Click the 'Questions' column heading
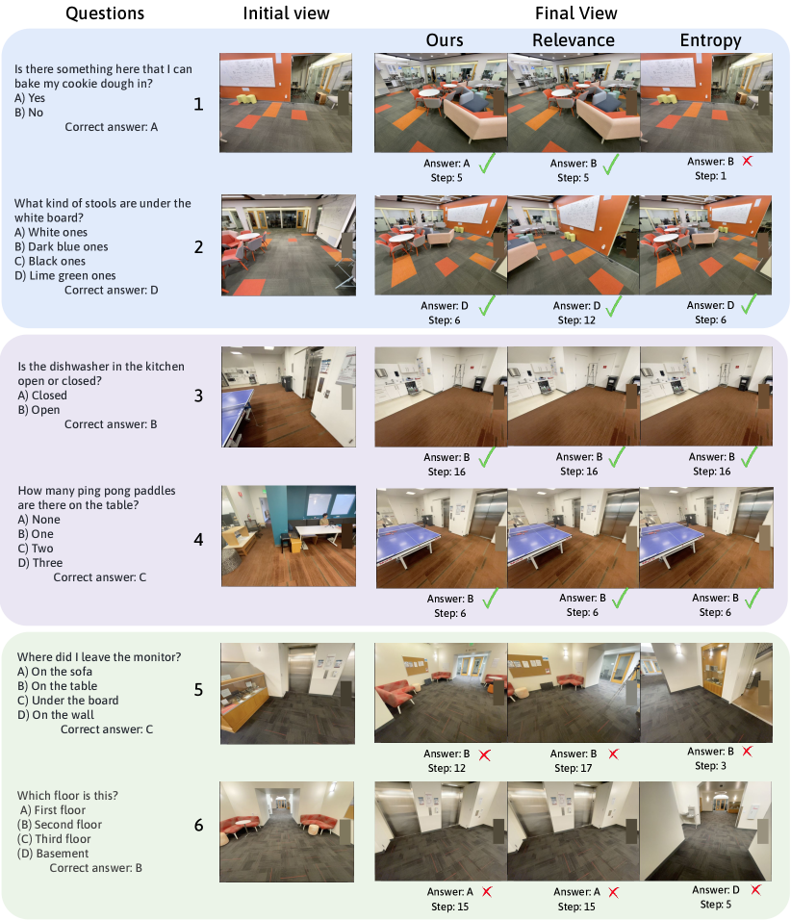pyautogui.click(x=105, y=13)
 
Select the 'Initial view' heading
pyautogui.click(x=287, y=13)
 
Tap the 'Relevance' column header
pyautogui.click(x=574, y=39)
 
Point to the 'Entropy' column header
pyautogui.click(x=710, y=40)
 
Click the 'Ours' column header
pyautogui.click(x=445, y=39)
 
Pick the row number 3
pyautogui.click(x=198, y=396)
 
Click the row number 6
pyautogui.click(x=198, y=826)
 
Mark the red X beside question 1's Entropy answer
pyautogui.click(x=747, y=161)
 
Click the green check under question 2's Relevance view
pyautogui.click(x=614, y=306)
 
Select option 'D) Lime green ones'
pyautogui.click(x=65, y=276)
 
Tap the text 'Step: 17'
pyautogui.click(x=574, y=768)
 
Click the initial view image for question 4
pyautogui.click(x=288, y=536)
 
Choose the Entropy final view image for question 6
pyautogui.click(x=706, y=831)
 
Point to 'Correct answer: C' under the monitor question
pyautogui.click(x=107, y=729)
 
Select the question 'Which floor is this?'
pyautogui.click(x=67, y=796)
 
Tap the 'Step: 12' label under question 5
pyautogui.click(x=447, y=768)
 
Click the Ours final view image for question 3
pyautogui.click(x=441, y=396)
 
